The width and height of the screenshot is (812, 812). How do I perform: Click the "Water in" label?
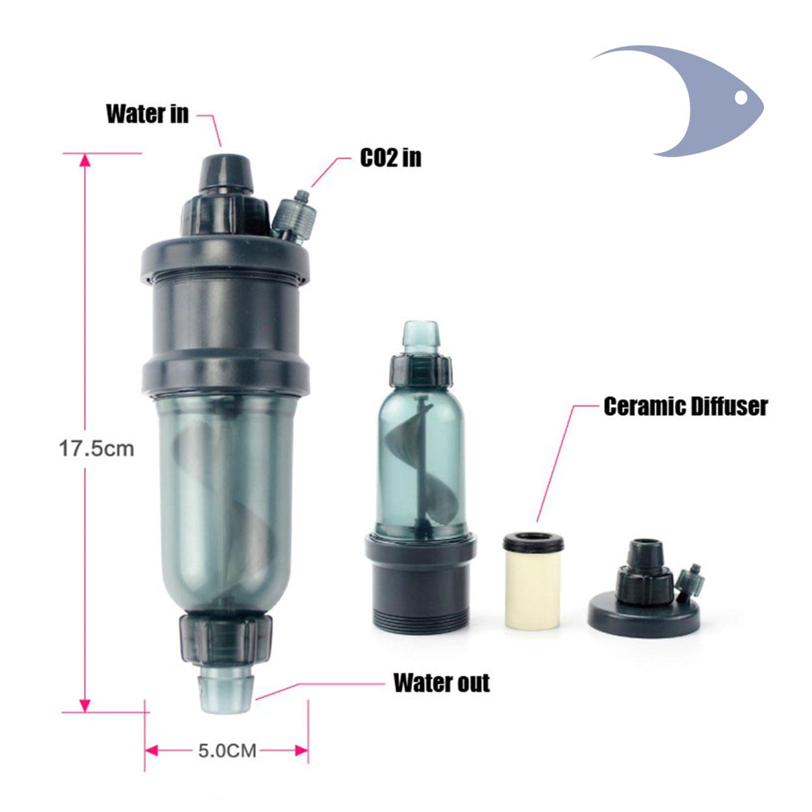click(x=147, y=114)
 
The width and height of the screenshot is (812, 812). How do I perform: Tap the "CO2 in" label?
click(x=390, y=158)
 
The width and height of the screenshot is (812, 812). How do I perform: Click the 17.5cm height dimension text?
click(x=97, y=448)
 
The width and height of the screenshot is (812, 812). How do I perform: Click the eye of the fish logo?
click(x=741, y=97)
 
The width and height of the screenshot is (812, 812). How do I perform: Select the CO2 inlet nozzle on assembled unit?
click(x=293, y=218)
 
